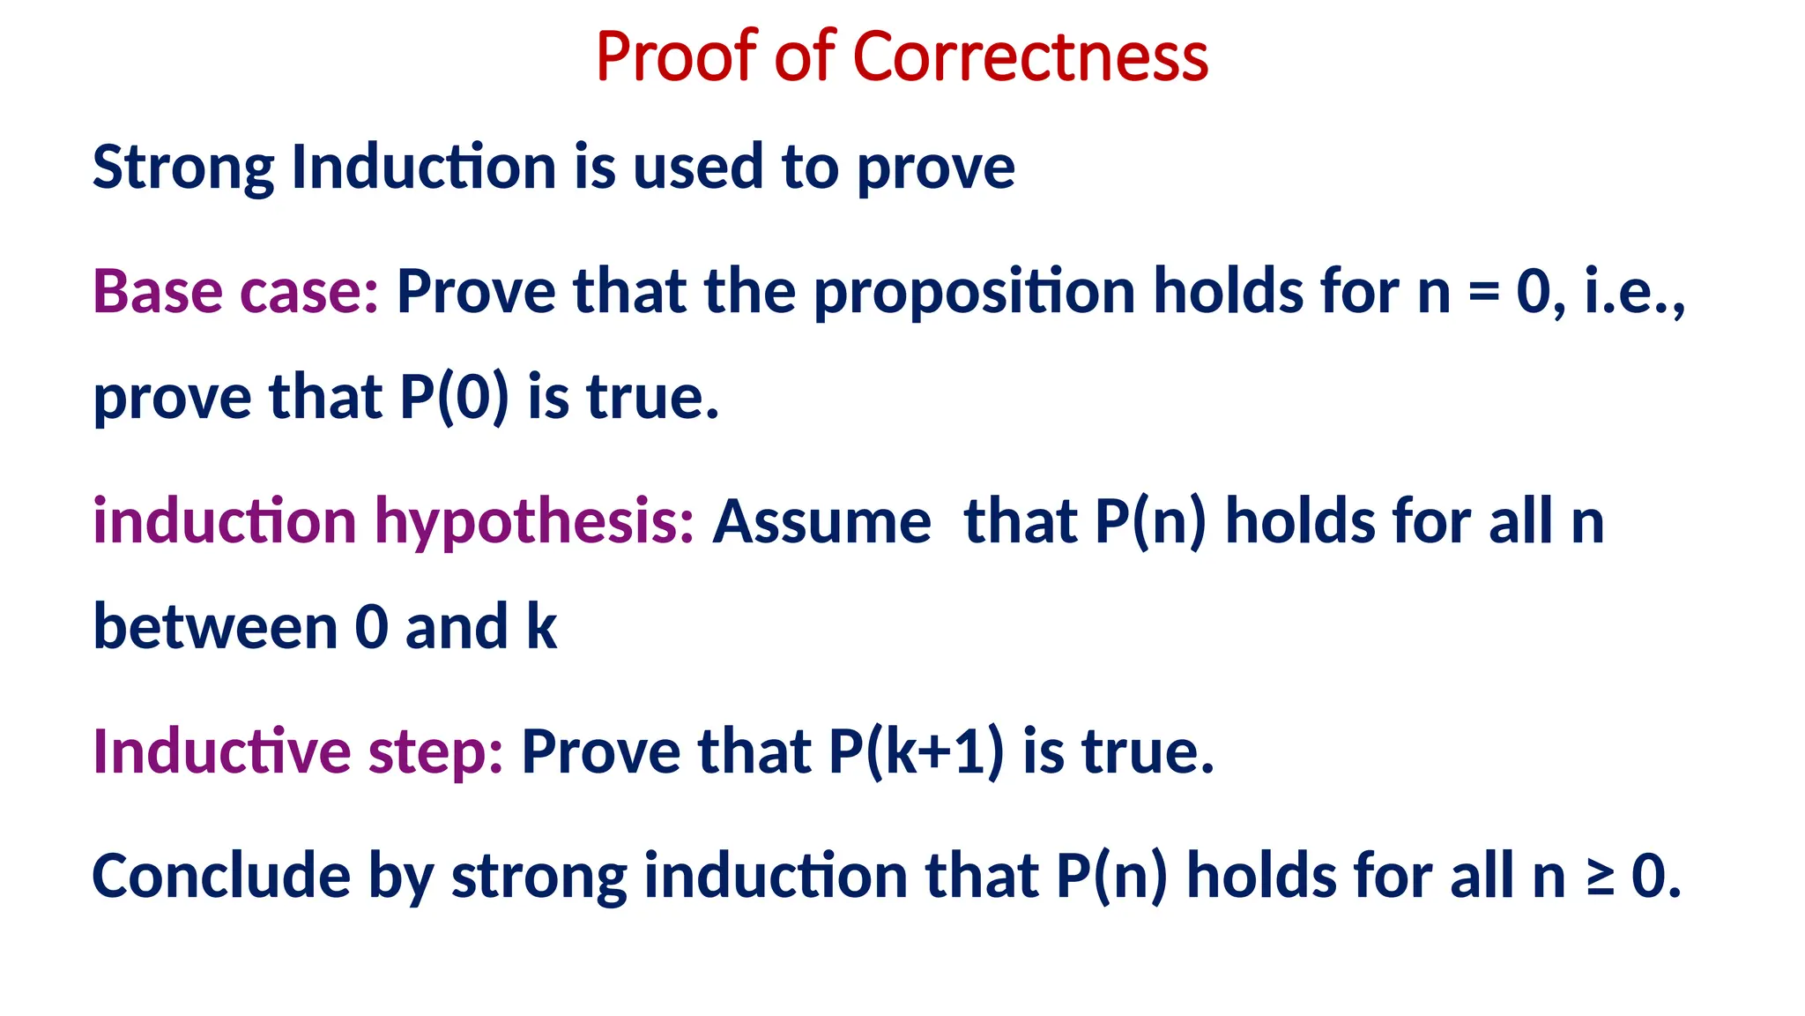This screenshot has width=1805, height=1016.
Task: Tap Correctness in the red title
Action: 1030,56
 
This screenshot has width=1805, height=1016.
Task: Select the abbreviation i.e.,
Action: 1635,291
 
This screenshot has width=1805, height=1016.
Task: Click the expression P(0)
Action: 455,397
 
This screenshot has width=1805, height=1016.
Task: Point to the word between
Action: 216,627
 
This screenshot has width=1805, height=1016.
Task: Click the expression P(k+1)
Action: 916,751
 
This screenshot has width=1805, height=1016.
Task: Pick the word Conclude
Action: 221,876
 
